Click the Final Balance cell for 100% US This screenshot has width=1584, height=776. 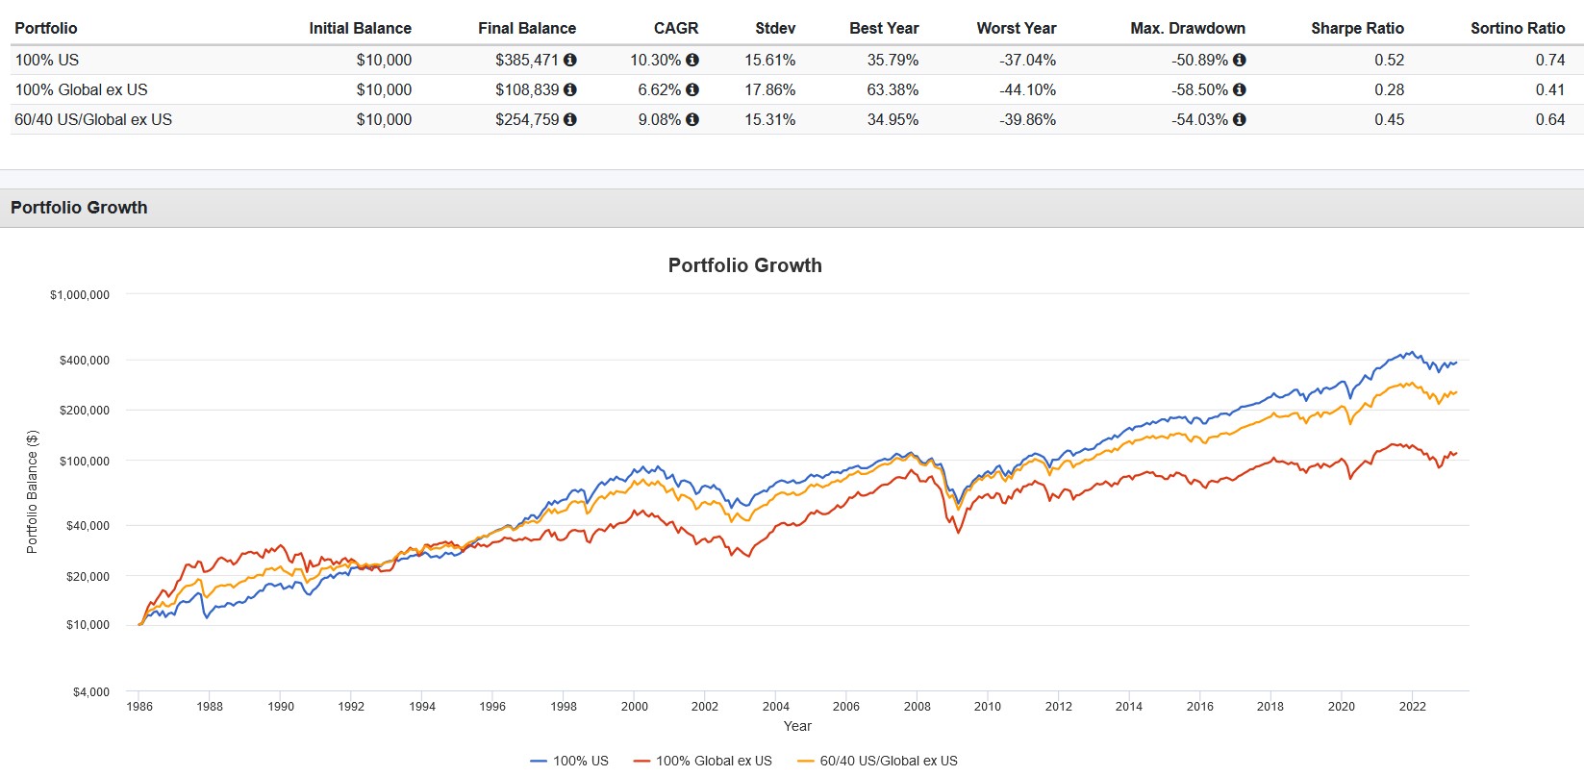[527, 60]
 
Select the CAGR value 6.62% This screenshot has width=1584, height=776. [655, 89]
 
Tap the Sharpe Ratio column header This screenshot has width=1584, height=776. [1357, 28]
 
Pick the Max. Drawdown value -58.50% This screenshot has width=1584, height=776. [1199, 89]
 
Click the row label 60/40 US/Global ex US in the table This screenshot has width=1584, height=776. [93, 119]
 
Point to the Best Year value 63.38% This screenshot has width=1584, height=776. [893, 89]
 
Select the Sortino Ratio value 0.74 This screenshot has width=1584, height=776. [1549, 60]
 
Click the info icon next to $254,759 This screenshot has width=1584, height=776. [570, 119]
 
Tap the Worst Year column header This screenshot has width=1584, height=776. [1016, 28]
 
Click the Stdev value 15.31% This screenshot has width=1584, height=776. [769, 119]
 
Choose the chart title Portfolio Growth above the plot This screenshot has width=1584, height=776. [744, 265]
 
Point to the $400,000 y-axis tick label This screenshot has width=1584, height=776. [85, 361]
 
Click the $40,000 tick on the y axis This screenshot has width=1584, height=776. [88, 526]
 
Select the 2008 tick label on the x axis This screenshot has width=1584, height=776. [917, 706]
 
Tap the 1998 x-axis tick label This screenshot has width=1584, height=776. [564, 706]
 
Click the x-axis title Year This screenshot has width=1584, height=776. [797, 726]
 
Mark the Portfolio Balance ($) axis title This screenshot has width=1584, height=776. [32, 491]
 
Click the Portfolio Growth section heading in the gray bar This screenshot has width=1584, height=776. [79, 208]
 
